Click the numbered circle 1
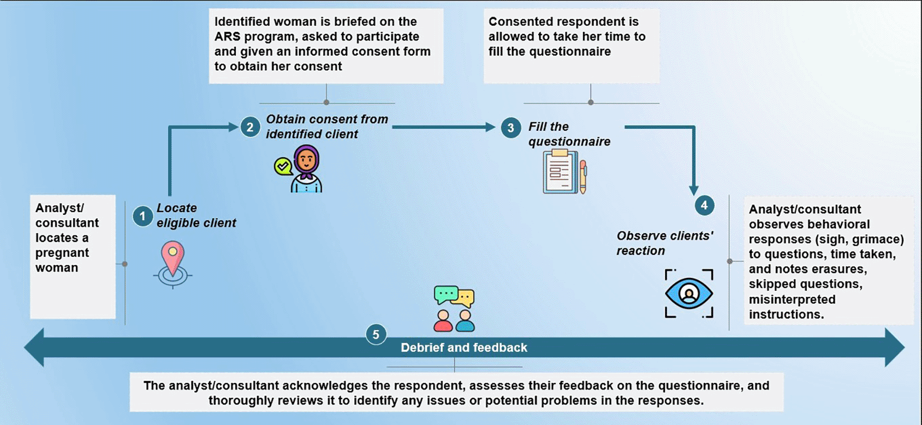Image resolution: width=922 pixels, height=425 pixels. tap(142, 216)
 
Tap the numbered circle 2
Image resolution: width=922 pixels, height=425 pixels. tap(250, 127)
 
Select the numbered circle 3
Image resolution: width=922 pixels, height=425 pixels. tap(510, 128)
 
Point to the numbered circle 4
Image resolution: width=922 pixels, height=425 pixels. tap(704, 205)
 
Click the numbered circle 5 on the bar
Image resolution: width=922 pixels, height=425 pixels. tap(376, 334)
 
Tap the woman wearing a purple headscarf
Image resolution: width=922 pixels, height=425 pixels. tap(306, 169)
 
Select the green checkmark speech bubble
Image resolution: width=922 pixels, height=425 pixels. tap(283, 166)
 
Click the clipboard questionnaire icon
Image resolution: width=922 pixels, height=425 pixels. tap(562, 172)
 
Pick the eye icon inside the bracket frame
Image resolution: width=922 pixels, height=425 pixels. tap(689, 294)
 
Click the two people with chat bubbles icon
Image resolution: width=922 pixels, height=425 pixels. tap(454, 309)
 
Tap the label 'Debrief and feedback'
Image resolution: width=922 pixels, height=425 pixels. tap(463, 348)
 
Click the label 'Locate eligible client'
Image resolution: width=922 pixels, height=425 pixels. tap(196, 216)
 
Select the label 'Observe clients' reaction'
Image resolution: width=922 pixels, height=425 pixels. tap(664, 243)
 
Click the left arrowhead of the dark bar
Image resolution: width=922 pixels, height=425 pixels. tap(34, 347)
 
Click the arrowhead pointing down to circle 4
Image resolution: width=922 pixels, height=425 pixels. tap(694, 190)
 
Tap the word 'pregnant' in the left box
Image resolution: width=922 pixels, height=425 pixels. tap(62, 253)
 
